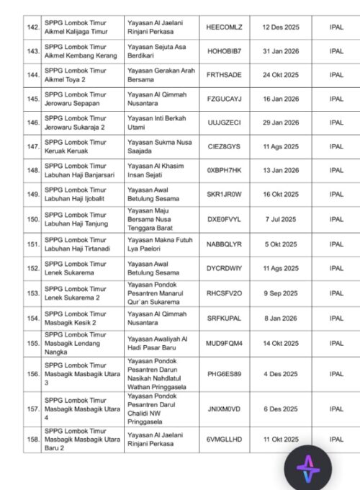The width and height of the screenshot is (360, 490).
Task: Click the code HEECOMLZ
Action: pos(223,27)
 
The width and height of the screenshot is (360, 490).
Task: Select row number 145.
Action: pos(32,99)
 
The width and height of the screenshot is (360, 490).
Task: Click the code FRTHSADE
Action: pos(223,75)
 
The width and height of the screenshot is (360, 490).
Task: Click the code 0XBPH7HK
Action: pos(223,170)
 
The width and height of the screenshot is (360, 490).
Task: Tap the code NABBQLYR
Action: pos(223,244)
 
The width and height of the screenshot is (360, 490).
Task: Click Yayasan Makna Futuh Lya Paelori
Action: pos(154,244)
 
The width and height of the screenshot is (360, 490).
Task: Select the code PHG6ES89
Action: pos(223,374)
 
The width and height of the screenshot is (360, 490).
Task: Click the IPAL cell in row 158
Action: pos(336,439)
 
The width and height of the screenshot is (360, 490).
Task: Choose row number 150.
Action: pos(32,218)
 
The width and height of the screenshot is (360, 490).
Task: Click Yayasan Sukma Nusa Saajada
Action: pos(154,146)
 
